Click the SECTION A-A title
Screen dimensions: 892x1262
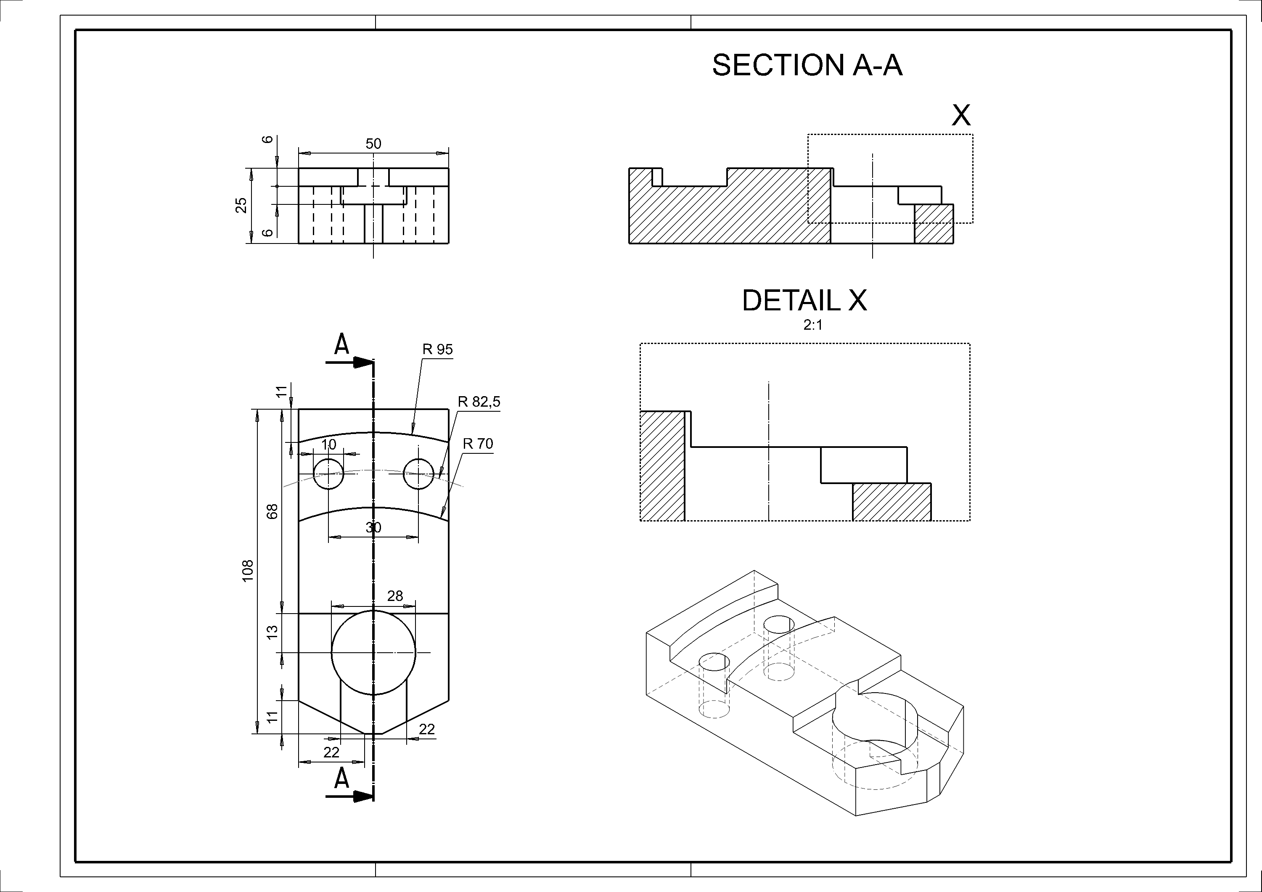pos(807,66)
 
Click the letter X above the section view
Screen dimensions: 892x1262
pos(961,115)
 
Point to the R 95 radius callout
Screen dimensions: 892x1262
pos(437,349)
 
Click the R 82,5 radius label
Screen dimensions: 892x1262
pos(479,402)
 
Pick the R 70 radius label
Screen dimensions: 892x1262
pos(478,444)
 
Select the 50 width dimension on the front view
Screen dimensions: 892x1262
pos(373,144)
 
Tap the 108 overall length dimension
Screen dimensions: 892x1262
pos(248,571)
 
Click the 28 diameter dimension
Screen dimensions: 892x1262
pos(394,596)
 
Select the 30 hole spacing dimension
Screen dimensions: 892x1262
pos(373,528)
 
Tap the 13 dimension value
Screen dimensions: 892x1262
pos(273,633)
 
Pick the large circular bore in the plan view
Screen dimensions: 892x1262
pos(373,652)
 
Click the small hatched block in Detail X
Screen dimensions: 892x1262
pos(892,502)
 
